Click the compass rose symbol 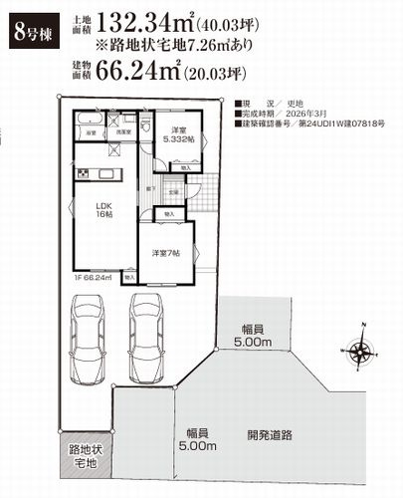pos(359,350)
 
